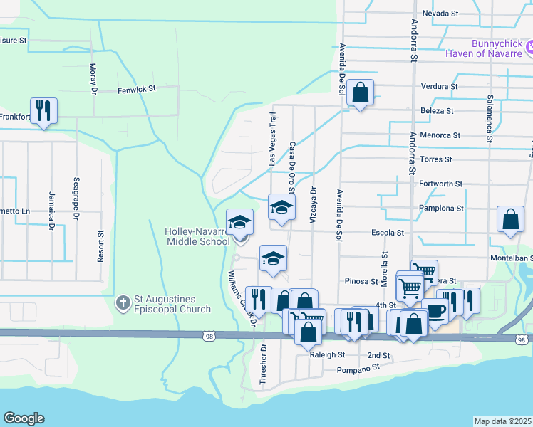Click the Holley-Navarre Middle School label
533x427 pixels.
197,236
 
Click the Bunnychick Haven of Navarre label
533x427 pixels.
485,48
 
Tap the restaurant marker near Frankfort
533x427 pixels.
43,111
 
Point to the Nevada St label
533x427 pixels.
439,14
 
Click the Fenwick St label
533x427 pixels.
138,89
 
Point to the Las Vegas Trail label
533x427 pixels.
271,139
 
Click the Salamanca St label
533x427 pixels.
490,117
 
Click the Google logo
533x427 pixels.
24,418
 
